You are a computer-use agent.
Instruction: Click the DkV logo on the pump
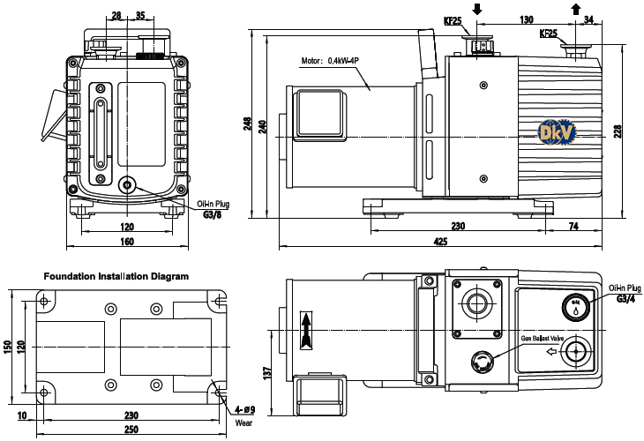[557, 131]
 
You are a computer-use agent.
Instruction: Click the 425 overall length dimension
[440, 242]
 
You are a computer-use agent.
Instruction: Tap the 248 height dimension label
[247, 123]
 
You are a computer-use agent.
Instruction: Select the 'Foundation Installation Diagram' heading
[116, 276]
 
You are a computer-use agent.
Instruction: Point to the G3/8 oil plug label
[213, 214]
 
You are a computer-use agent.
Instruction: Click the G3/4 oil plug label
[625, 298]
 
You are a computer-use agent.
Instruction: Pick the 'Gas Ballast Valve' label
[543, 339]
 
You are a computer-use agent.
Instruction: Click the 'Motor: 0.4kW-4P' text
[330, 61]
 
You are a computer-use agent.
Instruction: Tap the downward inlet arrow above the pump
[477, 9]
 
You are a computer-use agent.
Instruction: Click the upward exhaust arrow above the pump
[576, 9]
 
